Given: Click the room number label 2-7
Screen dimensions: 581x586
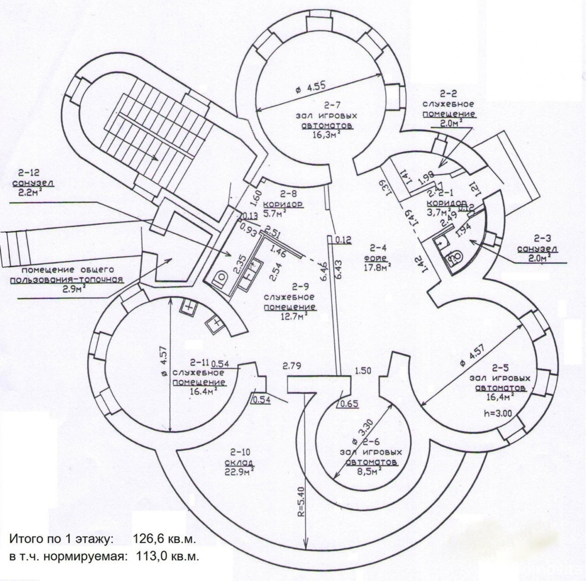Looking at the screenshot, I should pyautogui.click(x=332, y=106).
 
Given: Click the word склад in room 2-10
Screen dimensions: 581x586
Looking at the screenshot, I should pyautogui.click(x=239, y=462).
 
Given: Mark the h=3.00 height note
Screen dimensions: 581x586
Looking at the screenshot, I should pyautogui.click(x=497, y=413).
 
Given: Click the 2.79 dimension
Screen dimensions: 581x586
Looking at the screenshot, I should pyautogui.click(x=292, y=366).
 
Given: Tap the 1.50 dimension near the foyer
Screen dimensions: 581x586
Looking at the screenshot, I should pyautogui.click(x=363, y=370).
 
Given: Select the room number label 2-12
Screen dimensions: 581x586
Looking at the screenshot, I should pyautogui.click(x=28, y=172).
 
